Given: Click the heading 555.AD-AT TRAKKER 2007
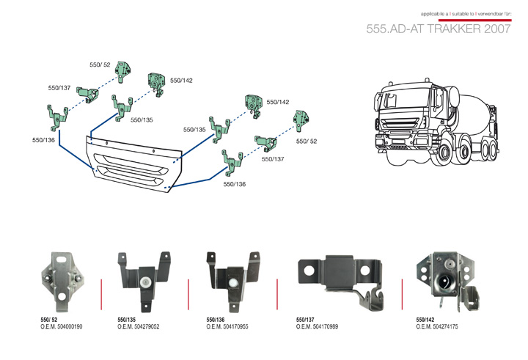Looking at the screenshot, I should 439,29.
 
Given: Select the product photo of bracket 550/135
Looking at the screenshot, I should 147,279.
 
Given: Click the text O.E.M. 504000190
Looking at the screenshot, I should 62,326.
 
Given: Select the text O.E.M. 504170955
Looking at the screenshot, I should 228,326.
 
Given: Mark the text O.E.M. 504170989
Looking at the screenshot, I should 317,326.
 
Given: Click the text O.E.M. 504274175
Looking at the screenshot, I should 437,326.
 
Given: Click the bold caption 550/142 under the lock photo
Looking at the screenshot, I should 425,319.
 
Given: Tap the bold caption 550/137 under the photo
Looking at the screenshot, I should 306,319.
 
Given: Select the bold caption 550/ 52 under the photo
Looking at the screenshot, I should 49,319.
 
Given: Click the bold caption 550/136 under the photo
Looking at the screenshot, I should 216,319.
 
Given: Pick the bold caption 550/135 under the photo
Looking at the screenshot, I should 127,319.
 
